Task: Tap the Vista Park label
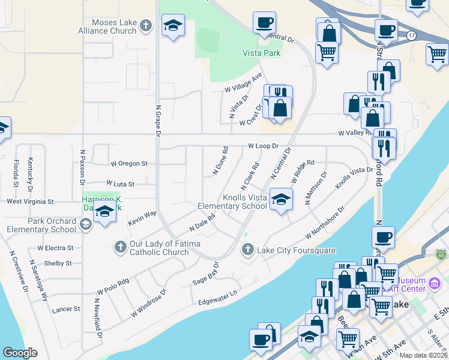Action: pos(261,53)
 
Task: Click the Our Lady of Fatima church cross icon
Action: pos(121,245)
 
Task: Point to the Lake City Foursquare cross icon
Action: pos(247,249)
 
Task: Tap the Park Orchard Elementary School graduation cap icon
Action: pos(85,225)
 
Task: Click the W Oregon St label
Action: pos(129,163)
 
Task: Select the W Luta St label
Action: pos(120,184)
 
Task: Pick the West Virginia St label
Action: pos(30,202)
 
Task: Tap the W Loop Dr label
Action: pos(264,146)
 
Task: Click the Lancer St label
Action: pos(66,309)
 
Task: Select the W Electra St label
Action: pos(55,247)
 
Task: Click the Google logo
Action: pos(20,353)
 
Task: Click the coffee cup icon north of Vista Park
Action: pos(264,23)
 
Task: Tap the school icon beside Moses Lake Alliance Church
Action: pos(173,26)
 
